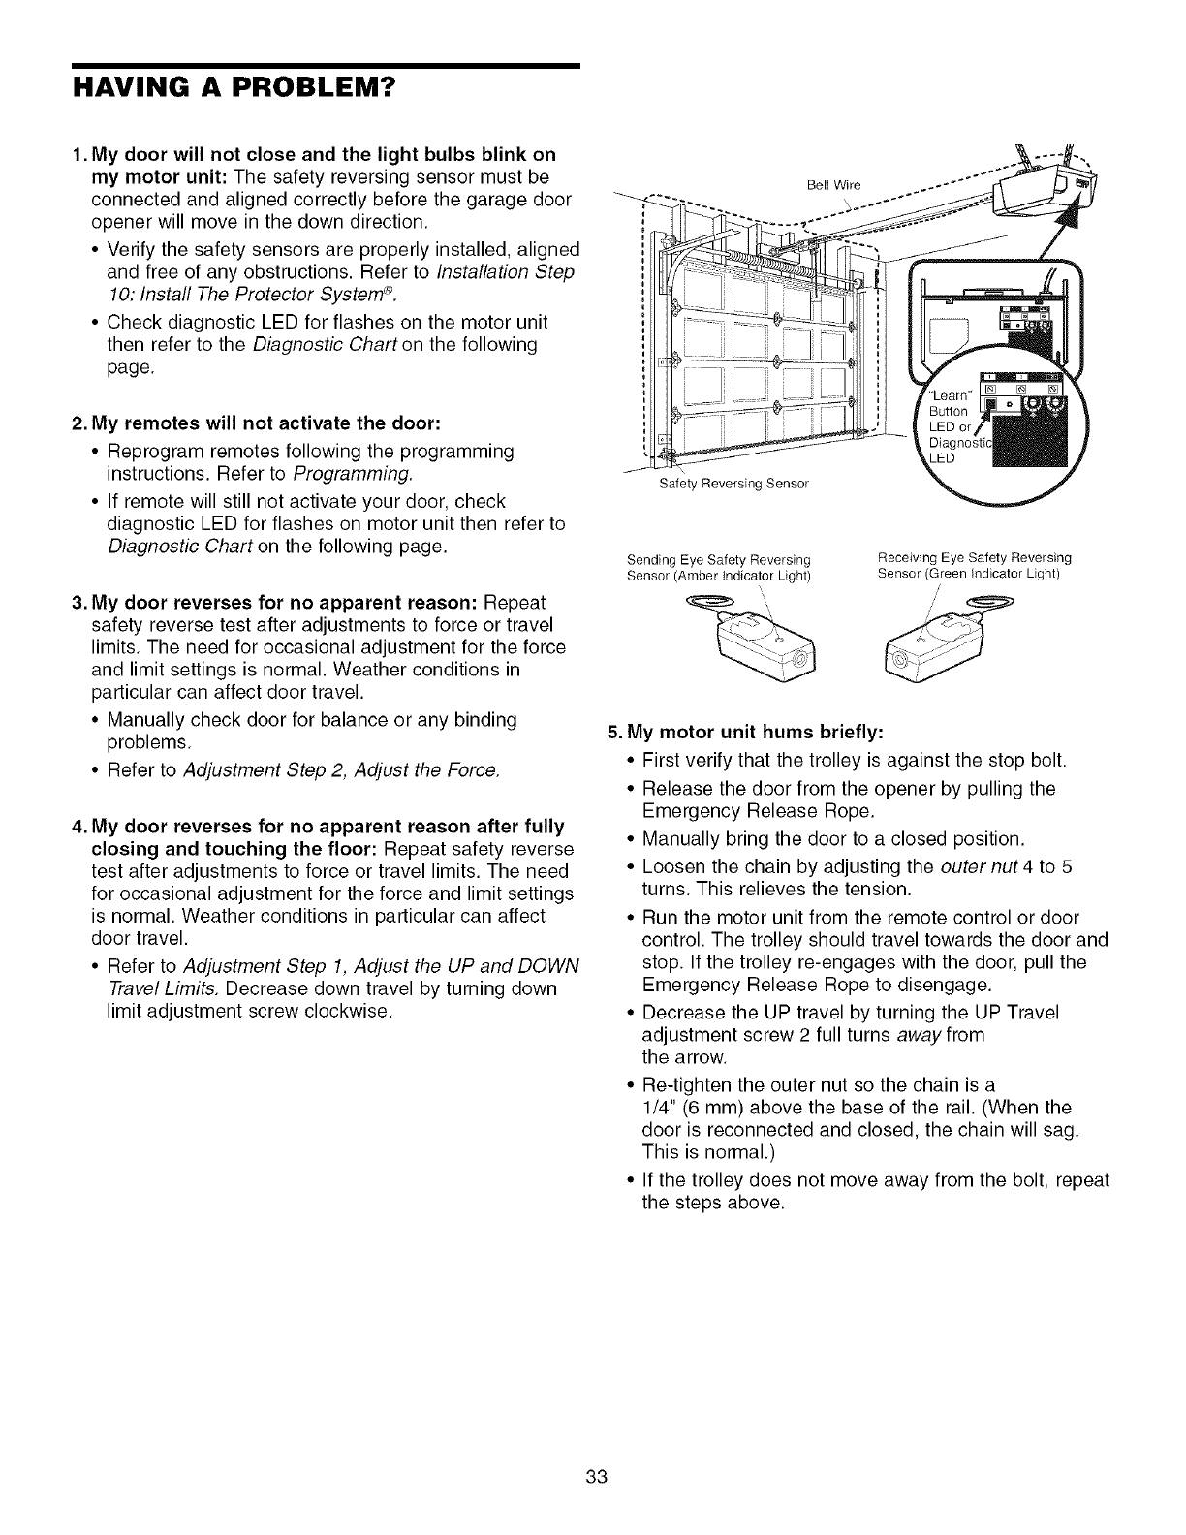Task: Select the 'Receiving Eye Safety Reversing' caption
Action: click(974, 557)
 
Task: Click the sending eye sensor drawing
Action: click(765, 644)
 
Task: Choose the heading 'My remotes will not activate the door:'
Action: click(265, 423)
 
